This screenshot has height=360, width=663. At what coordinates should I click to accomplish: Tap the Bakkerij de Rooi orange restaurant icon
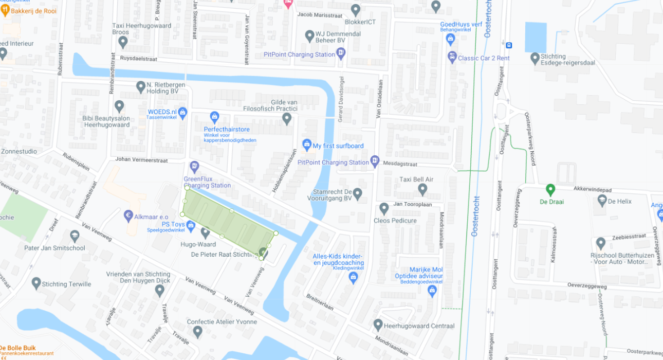coord(6,11)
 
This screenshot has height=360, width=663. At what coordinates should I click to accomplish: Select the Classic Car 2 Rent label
coord(484,58)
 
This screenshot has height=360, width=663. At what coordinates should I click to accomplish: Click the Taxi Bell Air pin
coord(422,189)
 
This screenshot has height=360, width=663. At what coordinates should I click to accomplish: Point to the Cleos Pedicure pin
coord(384,209)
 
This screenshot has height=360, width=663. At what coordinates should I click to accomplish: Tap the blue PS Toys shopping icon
coord(191,225)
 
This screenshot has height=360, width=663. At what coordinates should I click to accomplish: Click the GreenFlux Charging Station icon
coord(194,166)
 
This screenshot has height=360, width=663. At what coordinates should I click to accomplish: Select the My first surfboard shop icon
coord(307,145)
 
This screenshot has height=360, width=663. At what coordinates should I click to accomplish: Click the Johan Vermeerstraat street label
coord(141,160)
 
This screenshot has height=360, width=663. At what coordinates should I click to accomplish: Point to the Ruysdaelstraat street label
coord(138,59)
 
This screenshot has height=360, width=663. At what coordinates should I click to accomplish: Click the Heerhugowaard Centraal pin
coord(378,325)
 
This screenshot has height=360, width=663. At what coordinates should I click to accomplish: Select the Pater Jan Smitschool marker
coord(75,236)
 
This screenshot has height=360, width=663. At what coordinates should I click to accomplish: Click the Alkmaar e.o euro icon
coord(129,216)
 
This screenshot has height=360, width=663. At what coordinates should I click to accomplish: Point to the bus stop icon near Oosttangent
coord(509,45)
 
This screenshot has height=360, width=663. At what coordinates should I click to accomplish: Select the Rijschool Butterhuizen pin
coord(600,243)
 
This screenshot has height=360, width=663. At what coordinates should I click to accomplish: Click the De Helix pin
coord(602,201)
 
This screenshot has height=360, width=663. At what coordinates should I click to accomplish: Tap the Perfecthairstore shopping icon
coord(214,117)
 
